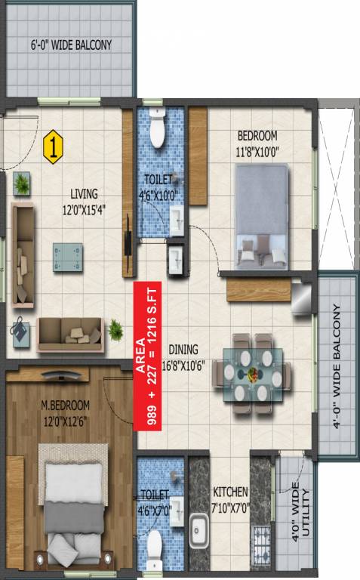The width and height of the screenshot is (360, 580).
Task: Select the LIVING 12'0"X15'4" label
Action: [x=85, y=202]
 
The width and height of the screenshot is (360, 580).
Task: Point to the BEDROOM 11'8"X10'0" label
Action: [x=257, y=143]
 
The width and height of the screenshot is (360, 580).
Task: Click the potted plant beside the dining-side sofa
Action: [x=115, y=329]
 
